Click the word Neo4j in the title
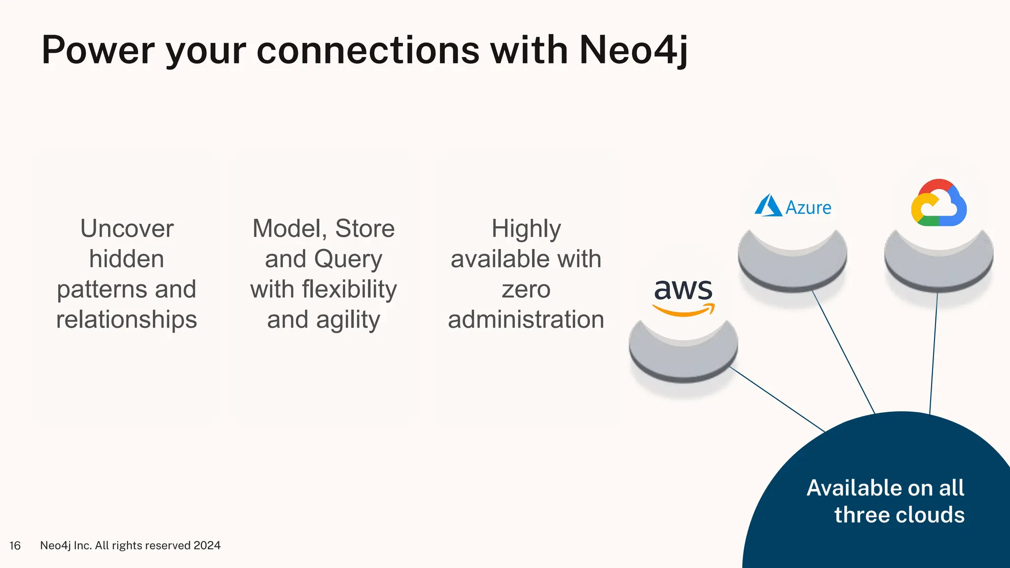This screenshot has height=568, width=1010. point(633,50)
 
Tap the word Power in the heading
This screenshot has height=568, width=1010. point(98,50)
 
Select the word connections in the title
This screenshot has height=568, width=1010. point(368,50)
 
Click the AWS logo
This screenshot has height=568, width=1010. point(683,296)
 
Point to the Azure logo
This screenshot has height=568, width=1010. point(793,207)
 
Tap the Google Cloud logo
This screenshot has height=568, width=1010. point(938,203)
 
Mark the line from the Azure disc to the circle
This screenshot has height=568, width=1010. point(843,352)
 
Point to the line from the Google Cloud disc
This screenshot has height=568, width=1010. point(934,353)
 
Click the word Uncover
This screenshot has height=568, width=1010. point(127,229)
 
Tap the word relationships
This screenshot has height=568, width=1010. point(127,319)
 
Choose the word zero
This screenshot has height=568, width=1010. point(526,289)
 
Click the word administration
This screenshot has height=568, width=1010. point(526,319)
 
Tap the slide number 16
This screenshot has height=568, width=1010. point(15,545)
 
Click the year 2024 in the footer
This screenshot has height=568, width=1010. point(207,545)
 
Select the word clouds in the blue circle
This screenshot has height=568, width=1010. point(930,515)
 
